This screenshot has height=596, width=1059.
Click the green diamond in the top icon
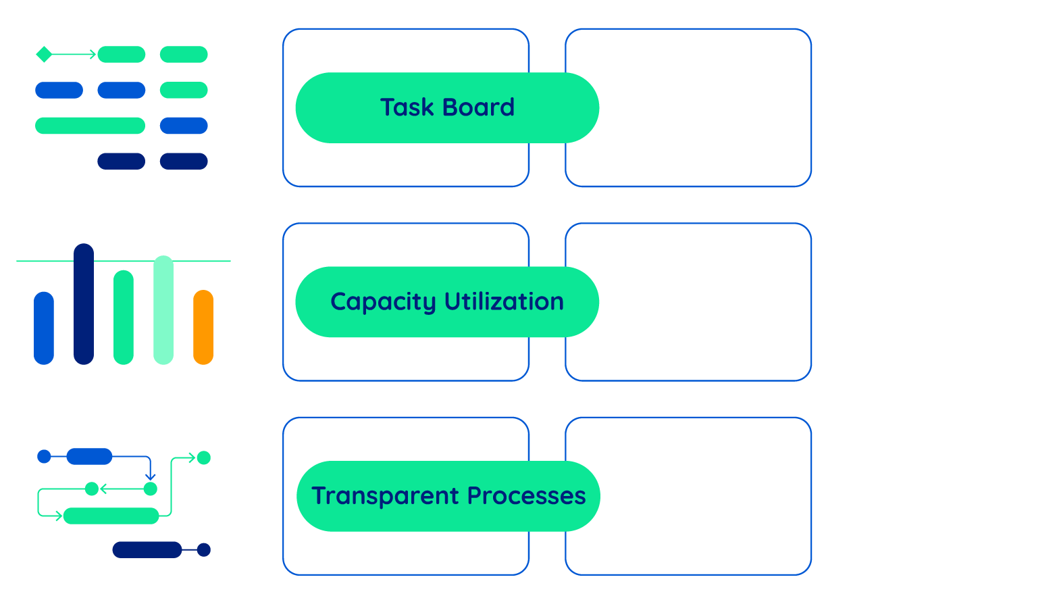click(x=44, y=54)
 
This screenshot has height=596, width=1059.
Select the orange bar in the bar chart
click(x=203, y=327)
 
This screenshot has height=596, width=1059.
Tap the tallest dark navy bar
click(x=84, y=304)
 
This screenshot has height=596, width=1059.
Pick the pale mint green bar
click(x=163, y=309)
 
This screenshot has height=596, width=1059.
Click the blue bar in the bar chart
click(x=44, y=328)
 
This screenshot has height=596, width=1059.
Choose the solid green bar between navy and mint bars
click(x=124, y=318)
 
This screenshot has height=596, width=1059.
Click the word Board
click(x=478, y=107)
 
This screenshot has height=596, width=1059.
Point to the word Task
click(x=407, y=107)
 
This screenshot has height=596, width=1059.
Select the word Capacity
click(x=383, y=302)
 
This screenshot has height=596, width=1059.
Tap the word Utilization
click(x=505, y=301)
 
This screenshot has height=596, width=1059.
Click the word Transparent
click(x=385, y=496)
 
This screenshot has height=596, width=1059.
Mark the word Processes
click(x=527, y=496)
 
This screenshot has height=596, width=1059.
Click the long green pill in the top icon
click(x=91, y=126)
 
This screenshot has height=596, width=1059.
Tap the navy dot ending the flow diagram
click(x=204, y=550)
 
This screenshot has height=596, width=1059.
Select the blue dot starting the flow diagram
click(x=44, y=457)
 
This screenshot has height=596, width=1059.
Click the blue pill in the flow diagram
click(x=89, y=457)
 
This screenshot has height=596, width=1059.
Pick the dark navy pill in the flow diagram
click(x=147, y=550)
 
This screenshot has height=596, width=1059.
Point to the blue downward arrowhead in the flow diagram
click(x=151, y=476)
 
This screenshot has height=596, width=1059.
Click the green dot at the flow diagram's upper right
click(x=204, y=458)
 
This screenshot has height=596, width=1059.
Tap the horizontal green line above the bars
click(x=124, y=261)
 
